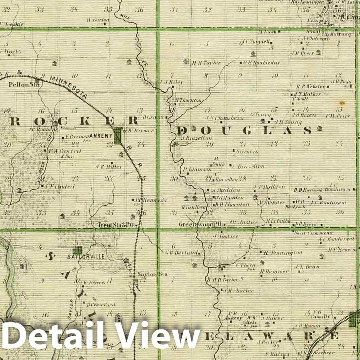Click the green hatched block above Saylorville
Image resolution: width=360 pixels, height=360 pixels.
(78, 250)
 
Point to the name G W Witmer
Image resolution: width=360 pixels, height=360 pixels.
(140, 130)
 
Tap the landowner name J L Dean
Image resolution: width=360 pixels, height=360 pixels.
(303, 266)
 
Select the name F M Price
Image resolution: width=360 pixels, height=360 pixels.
(338, 116)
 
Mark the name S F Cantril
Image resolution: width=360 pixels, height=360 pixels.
(59, 186)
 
